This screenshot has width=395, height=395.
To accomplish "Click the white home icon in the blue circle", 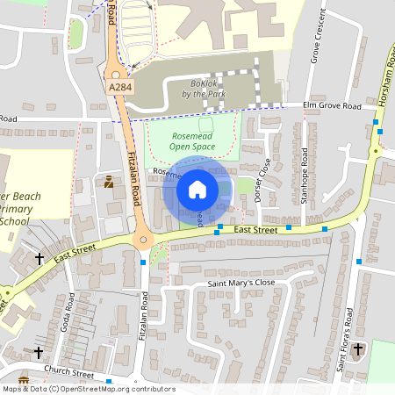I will coord(197,188).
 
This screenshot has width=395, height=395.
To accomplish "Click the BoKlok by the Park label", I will coord(205,89).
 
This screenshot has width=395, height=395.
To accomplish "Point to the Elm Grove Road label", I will coord(332,106).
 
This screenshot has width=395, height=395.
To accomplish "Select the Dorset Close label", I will coord(261,180).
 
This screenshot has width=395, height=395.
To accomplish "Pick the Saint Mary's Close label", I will coord(241,284).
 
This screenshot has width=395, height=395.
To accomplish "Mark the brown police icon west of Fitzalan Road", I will coord(109,183).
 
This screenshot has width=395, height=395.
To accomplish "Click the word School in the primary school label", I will coord(14,222).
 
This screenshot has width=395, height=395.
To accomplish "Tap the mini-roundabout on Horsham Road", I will coord(376,151).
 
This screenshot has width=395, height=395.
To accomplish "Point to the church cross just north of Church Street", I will coord(38,353).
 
